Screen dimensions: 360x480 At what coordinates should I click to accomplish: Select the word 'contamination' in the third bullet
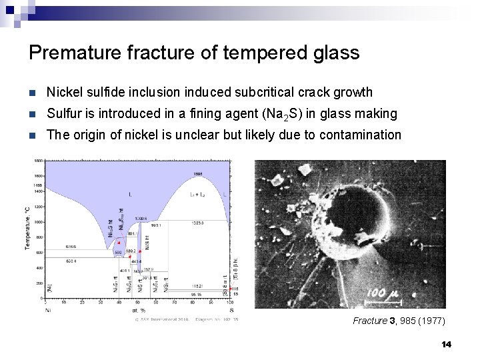click(x=360, y=135)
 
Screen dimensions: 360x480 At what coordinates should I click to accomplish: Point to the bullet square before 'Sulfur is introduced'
click(x=33, y=114)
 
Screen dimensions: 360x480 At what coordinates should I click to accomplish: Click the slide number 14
click(x=446, y=345)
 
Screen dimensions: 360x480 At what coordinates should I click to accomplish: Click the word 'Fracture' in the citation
click(x=370, y=321)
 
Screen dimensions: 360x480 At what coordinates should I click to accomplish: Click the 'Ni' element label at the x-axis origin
click(x=47, y=309)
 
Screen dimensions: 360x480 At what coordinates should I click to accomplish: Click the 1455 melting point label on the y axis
click(x=38, y=184)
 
